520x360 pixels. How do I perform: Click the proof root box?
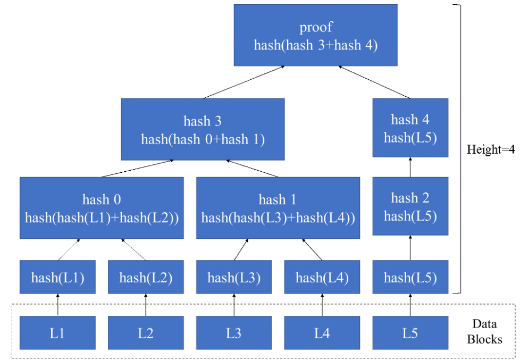(x=315, y=36)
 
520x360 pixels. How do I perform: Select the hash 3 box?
(x=203, y=129)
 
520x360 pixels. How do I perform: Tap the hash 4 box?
(x=410, y=128)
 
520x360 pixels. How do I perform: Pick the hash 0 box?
(x=102, y=208)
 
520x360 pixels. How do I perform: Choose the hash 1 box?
(x=278, y=208)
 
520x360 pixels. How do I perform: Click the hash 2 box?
(x=410, y=206)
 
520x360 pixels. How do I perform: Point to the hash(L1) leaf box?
(x=57, y=277)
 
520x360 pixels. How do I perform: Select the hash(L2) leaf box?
(x=146, y=277)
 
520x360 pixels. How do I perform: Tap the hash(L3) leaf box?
(x=233, y=277)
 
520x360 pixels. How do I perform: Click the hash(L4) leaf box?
(x=322, y=277)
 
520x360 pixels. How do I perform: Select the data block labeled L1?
(x=57, y=333)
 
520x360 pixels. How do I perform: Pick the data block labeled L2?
(x=146, y=333)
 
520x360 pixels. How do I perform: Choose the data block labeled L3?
(x=233, y=333)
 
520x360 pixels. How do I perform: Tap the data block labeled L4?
(x=322, y=333)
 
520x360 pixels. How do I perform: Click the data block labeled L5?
(x=410, y=333)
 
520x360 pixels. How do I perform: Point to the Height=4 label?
(x=490, y=150)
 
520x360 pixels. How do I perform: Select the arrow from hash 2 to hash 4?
(x=410, y=168)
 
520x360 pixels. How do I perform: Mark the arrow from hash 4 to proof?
(x=374, y=82)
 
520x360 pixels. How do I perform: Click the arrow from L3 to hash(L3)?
(x=233, y=305)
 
